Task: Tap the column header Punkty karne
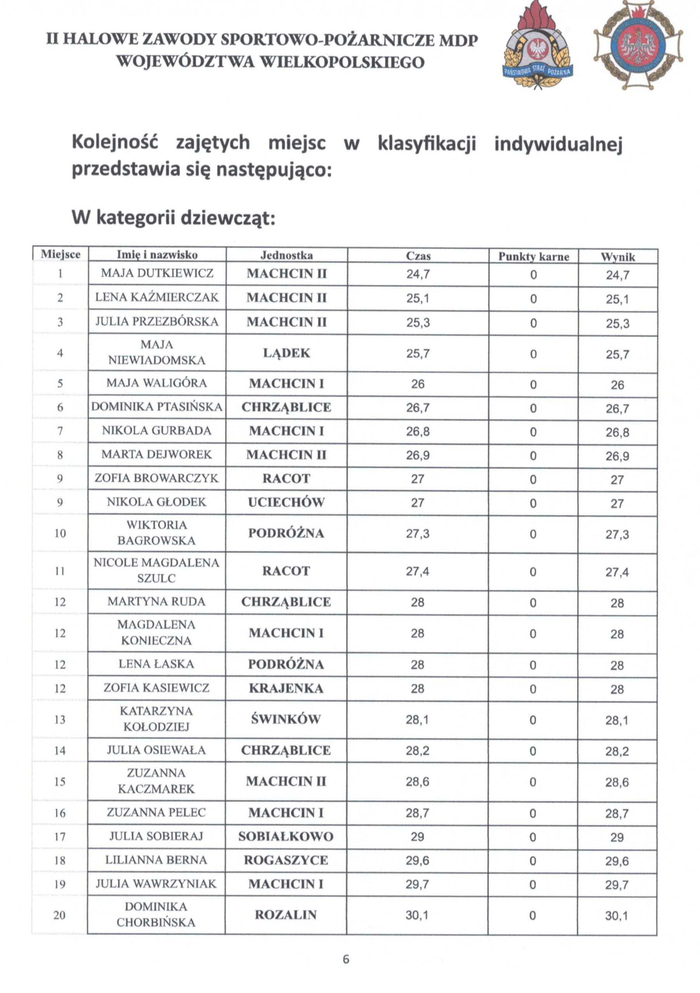(533, 256)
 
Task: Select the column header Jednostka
(286, 255)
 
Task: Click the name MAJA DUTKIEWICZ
(157, 273)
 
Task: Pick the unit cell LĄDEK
(286, 353)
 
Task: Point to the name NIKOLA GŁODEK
(157, 502)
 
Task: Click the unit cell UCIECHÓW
(286, 502)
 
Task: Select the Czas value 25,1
(418, 298)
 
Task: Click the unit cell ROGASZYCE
(286, 860)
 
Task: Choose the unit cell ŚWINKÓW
(286, 719)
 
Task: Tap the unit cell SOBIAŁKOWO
(286, 836)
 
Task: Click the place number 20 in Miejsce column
(59, 915)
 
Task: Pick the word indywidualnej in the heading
(558, 144)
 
